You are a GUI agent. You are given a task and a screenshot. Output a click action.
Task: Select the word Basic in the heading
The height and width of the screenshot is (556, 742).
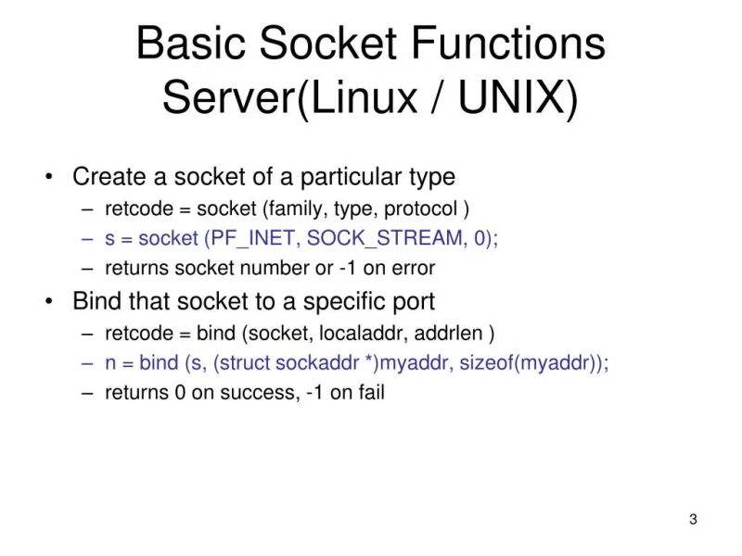[x=191, y=44]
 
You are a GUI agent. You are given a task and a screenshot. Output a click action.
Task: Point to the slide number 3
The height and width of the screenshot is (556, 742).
[x=693, y=519]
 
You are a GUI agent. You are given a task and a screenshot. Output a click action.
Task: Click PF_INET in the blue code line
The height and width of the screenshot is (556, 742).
[x=251, y=238]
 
